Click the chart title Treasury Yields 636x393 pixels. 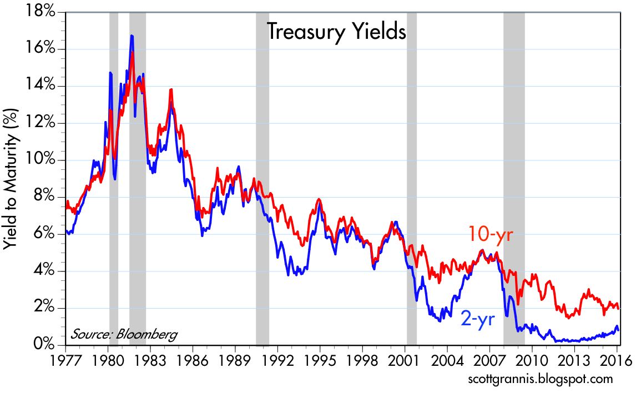(x=336, y=32)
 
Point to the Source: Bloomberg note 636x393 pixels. (x=123, y=334)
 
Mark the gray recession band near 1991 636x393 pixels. (x=263, y=178)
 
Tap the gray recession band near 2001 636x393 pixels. (x=412, y=178)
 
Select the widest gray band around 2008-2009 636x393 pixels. (x=514, y=178)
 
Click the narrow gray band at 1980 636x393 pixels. (x=114, y=178)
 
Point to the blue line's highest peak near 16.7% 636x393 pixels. (x=132, y=36)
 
